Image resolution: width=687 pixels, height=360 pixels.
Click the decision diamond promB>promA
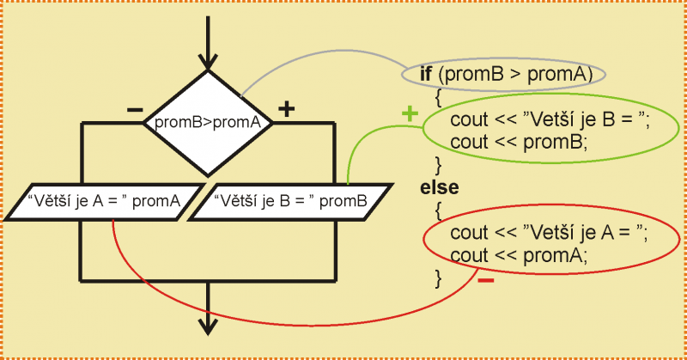click(207, 122)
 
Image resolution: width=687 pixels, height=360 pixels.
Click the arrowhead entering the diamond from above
click(207, 62)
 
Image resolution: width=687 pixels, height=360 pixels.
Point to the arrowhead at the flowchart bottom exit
click(207, 325)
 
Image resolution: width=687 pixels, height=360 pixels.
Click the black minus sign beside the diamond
click(135, 110)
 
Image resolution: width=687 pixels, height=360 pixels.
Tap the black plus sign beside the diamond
click(286, 109)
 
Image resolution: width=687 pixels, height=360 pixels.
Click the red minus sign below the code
click(485, 281)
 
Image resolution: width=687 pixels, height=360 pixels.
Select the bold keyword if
click(425, 74)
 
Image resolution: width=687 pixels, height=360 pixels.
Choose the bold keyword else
click(440, 186)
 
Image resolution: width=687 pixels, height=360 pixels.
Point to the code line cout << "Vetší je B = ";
click(550, 120)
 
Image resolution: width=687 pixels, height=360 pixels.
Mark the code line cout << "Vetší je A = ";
click(550, 233)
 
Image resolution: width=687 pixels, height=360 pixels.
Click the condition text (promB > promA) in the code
click(514, 74)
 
